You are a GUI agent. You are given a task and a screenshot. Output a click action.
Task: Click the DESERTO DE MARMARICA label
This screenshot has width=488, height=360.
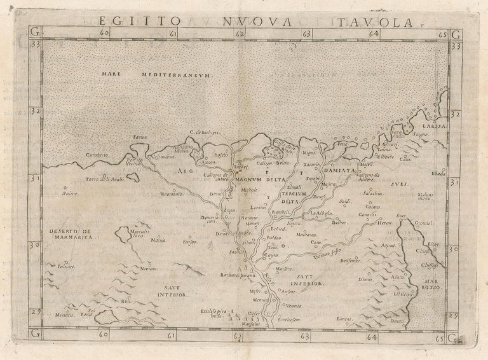point(70,232)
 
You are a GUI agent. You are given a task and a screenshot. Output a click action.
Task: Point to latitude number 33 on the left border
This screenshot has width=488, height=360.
point(36,45)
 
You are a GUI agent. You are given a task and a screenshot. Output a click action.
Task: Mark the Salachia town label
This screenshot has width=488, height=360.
point(372,193)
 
